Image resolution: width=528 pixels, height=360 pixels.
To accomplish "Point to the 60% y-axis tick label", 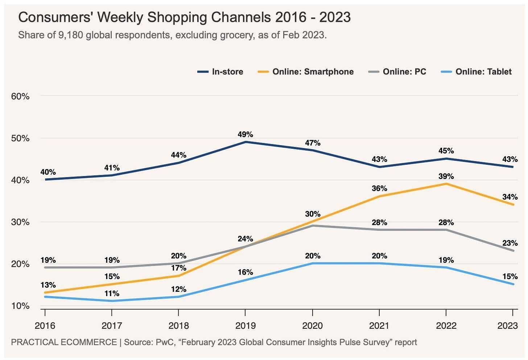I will point(20,97).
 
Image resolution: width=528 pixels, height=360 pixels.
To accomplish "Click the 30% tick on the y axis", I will point(20,222).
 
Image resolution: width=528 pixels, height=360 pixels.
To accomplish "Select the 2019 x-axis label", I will point(246,326).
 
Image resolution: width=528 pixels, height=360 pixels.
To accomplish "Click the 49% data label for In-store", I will point(246,135).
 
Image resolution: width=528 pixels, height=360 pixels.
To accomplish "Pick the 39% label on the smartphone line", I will point(446,177).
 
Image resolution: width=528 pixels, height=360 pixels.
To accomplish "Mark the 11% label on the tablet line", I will point(112,294).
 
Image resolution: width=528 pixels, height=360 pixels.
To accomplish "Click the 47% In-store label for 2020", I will point(312,143).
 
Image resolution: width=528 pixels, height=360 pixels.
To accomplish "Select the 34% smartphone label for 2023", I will point(510,197).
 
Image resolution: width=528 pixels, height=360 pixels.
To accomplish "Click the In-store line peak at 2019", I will point(246,142).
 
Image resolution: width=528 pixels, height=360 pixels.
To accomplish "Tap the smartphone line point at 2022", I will point(446,184).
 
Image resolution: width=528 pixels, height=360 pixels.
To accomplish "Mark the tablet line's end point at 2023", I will point(513,284).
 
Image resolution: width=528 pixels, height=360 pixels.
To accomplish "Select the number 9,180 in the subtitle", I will point(71,36).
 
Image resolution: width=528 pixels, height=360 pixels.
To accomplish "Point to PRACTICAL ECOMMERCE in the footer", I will point(64,342).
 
